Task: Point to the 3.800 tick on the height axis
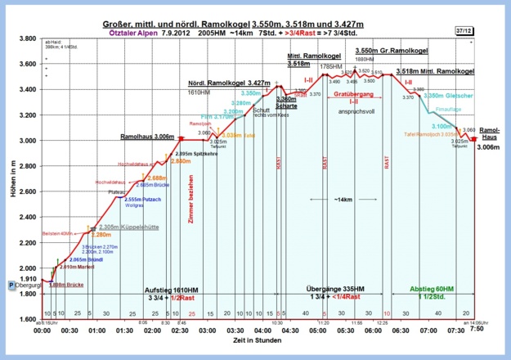pyautogui.click(x=26, y=39)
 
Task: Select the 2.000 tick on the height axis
pyautogui.click(x=26, y=268)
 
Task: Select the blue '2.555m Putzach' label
pyautogui.click(x=137, y=198)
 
